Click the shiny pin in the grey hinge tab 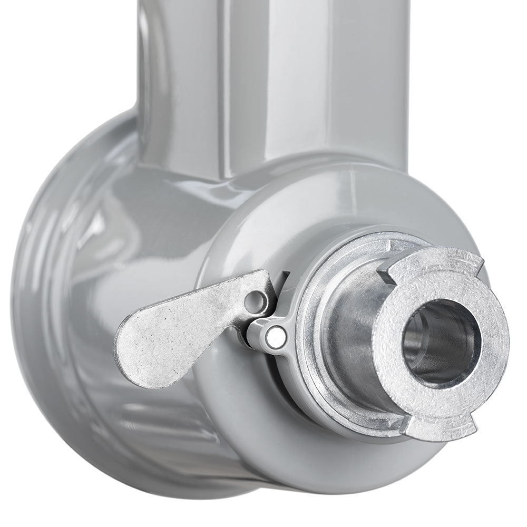pyautogui.click(x=274, y=336)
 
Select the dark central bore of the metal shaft pyautogui.click(x=440, y=343)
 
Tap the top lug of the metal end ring pyautogui.click(x=437, y=261)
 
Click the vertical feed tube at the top pyautogui.click(x=274, y=79)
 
